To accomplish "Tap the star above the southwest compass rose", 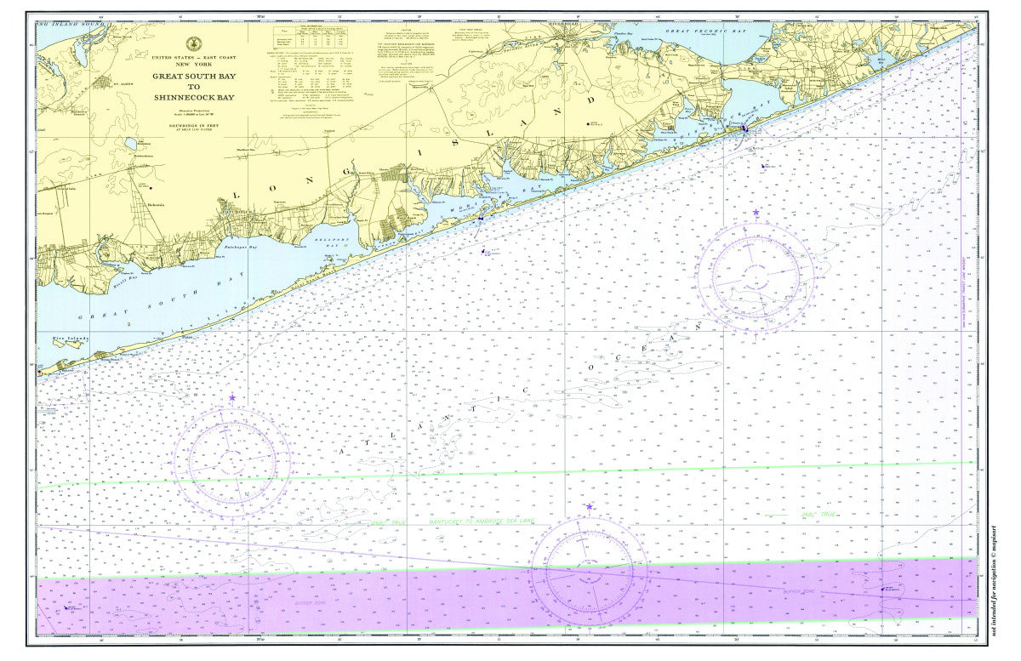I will (x=231, y=397).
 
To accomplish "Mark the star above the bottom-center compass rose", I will (x=589, y=507).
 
